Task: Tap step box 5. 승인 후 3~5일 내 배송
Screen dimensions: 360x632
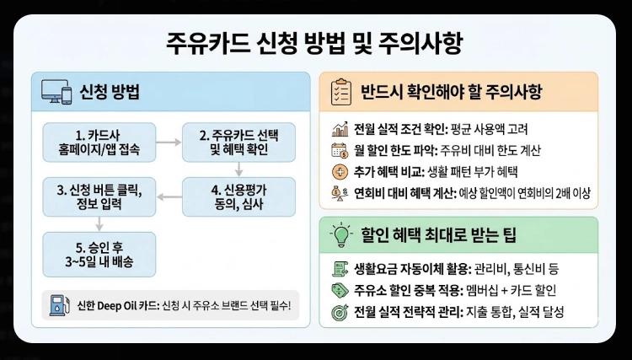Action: [99, 254]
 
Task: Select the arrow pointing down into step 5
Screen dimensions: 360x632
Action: [99, 223]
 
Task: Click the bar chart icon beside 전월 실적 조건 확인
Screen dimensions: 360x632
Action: [340, 131]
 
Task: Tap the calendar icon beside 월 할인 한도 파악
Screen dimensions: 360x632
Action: [340, 152]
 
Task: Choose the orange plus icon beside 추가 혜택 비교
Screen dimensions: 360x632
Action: [340, 172]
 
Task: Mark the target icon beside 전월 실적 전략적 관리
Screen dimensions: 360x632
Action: [340, 311]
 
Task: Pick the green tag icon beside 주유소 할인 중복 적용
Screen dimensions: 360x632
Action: [340, 291]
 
